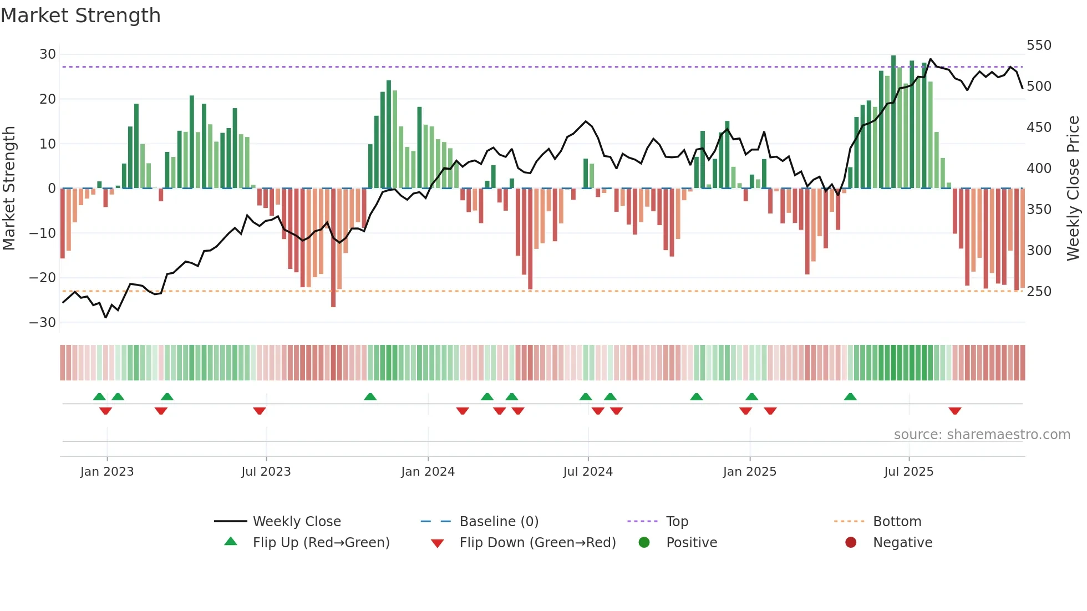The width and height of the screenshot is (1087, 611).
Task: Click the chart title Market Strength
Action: pyautogui.click(x=80, y=16)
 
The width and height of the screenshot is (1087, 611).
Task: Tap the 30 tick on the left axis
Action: pyautogui.click(x=48, y=54)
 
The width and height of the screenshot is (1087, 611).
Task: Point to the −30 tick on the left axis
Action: pyautogui.click(x=43, y=322)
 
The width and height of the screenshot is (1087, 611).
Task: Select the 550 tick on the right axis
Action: pyautogui.click(x=1039, y=45)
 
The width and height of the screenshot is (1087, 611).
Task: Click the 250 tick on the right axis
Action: pyautogui.click(x=1039, y=291)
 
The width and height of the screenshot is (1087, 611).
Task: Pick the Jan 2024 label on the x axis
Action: pyautogui.click(x=428, y=471)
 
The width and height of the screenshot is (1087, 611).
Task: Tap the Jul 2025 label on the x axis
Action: pyautogui.click(x=908, y=471)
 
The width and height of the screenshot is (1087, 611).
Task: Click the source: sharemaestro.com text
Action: pyautogui.click(x=982, y=435)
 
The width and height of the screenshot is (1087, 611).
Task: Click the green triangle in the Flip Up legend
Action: pyautogui.click(x=231, y=542)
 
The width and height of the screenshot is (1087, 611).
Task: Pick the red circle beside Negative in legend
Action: pyautogui.click(x=851, y=542)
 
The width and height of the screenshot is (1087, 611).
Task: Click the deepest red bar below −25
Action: pyautogui.click(x=333, y=247)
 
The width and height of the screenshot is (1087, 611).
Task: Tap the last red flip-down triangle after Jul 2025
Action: pyautogui.click(x=954, y=411)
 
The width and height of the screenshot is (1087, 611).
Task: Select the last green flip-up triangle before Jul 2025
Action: pyautogui.click(x=850, y=396)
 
